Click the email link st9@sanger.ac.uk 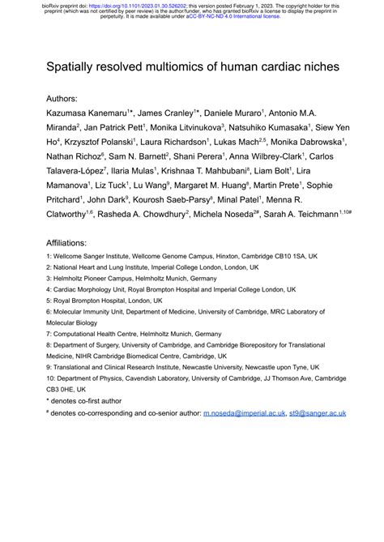pos(317,413)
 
